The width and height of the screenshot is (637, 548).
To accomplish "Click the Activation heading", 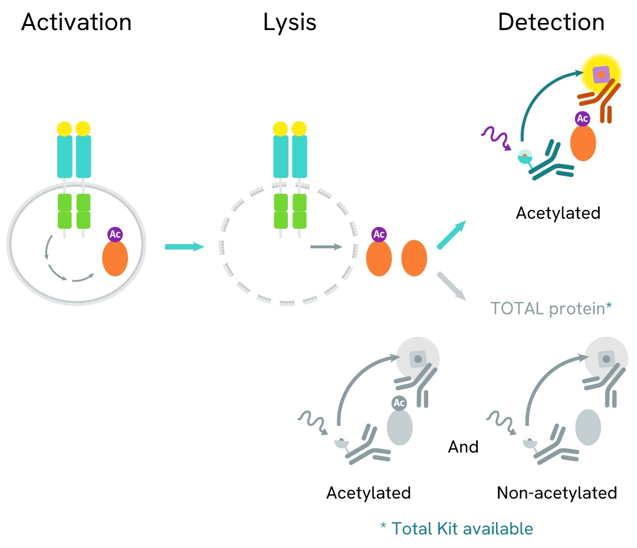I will (x=76, y=22).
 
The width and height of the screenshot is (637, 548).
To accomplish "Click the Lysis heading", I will (x=290, y=22).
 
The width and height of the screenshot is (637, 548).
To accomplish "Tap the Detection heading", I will (x=551, y=22).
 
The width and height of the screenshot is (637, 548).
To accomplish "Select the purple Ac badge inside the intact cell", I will (x=116, y=234).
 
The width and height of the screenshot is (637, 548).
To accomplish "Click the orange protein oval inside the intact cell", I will (x=115, y=259).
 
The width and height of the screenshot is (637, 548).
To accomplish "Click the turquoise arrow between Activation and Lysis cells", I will (x=184, y=246).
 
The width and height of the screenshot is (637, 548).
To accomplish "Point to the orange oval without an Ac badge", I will (x=414, y=258).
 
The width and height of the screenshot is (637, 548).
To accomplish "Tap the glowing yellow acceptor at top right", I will (x=601, y=74).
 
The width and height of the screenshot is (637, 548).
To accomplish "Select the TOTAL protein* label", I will (x=551, y=308).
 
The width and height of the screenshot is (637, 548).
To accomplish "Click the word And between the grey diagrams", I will (x=463, y=447).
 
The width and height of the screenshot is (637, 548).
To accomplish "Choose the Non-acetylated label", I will (x=557, y=493).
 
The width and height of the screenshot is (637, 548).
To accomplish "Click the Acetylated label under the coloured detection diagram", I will (x=558, y=212).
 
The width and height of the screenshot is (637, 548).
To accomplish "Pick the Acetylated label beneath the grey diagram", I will (x=369, y=493).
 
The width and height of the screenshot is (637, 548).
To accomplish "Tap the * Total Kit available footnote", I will (x=457, y=529).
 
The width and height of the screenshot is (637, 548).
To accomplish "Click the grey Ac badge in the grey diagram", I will (x=399, y=403).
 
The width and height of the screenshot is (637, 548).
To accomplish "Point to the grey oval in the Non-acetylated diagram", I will (x=588, y=428).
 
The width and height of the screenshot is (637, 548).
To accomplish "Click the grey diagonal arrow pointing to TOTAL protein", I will (x=455, y=286).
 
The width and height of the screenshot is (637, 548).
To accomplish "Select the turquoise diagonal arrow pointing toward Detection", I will (x=452, y=235).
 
